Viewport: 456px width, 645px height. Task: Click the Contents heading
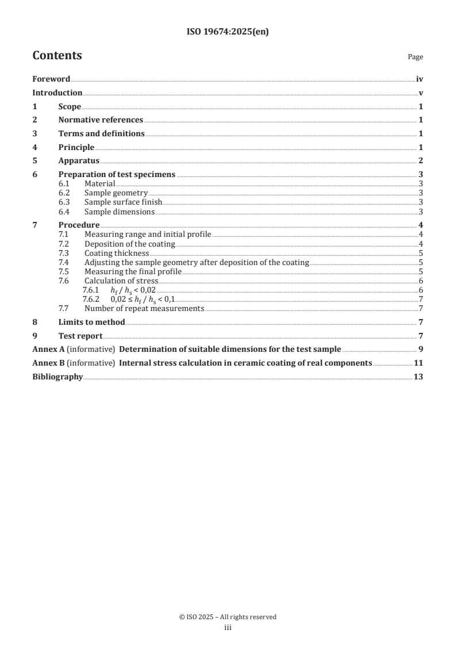coord(57,56)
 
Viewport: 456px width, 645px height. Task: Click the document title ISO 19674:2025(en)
coord(228,32)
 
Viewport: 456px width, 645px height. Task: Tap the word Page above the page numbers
coord(415,57)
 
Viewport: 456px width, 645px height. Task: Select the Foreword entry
coord(51,79)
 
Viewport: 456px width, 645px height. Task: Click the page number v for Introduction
coord(421,93)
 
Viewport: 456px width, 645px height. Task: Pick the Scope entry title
coord(70,106)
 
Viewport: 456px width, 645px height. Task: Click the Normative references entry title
coord(101,120)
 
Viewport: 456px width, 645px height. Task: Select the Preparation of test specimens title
coord(117,174)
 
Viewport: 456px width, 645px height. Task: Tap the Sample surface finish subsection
coord(123,202)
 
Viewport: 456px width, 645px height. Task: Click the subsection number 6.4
coord(64,212)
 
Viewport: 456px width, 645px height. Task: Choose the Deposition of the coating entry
coord(130,244)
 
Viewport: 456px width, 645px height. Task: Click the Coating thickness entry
coord(117,253)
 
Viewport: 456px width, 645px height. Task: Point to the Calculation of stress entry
coord(121,281)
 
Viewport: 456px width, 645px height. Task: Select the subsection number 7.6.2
coord(91,299)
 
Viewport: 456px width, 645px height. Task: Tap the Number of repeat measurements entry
coord(144,308)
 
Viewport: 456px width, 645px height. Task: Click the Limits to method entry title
coord(91,322)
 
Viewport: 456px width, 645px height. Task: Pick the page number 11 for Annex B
coord(419,363)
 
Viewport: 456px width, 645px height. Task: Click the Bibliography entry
coord(58,377)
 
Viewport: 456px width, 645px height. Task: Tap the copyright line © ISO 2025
coord(228,617)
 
